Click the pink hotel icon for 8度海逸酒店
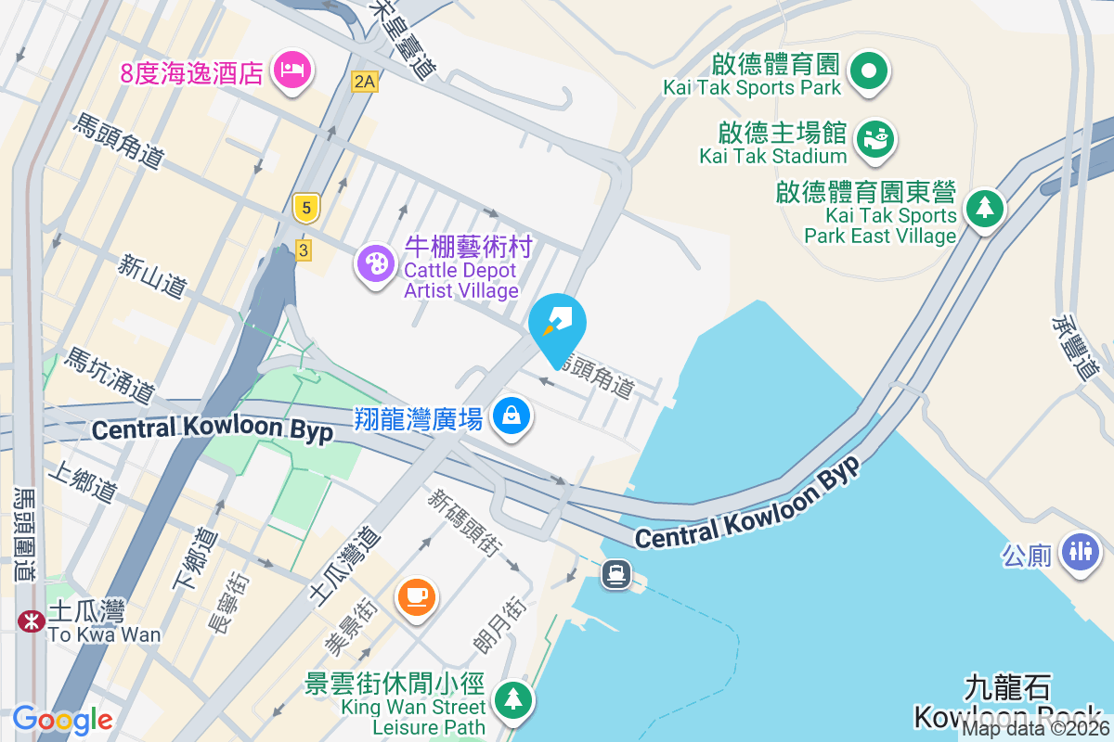(292, 70)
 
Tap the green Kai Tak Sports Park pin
(870, 70)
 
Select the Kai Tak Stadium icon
(874, 139)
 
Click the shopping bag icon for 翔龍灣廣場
(512, 416)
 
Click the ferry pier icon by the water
(615, 574)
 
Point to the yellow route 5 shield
(305, 208)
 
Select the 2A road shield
(365, 82)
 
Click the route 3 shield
(303, 249)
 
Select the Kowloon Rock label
(1007, 716)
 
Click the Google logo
(63, 719)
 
